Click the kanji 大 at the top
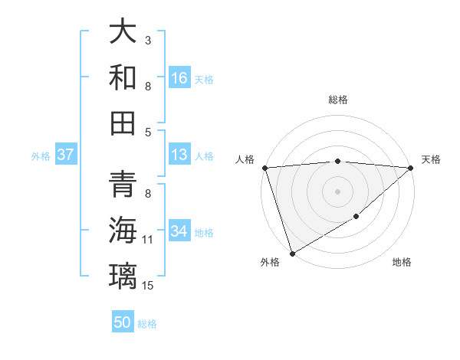click(x=123, y=33)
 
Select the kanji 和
click(x=123, y=77)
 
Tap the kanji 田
click(x=123, y=123)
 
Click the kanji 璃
click(x=123, y=275)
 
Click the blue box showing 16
click(x=179, y=77)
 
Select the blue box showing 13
click(x=179, y=155)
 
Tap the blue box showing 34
click(x=179, y=231)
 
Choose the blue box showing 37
click(x=65, y=155)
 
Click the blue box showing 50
click(x=123, y=322)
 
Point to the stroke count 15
click(x=149, y=286)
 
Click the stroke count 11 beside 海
click(x=148, y=240)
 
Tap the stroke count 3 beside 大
click(x=148, y=39)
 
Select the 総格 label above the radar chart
click(x=338, y=100)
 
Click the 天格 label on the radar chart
click(x=431, y=159)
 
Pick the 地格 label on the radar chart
click(x=402, y=262)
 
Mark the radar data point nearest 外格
click(x=292, y=254)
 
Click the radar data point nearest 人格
click(x=264, y=168)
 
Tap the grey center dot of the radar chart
click(x=337, y=191)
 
